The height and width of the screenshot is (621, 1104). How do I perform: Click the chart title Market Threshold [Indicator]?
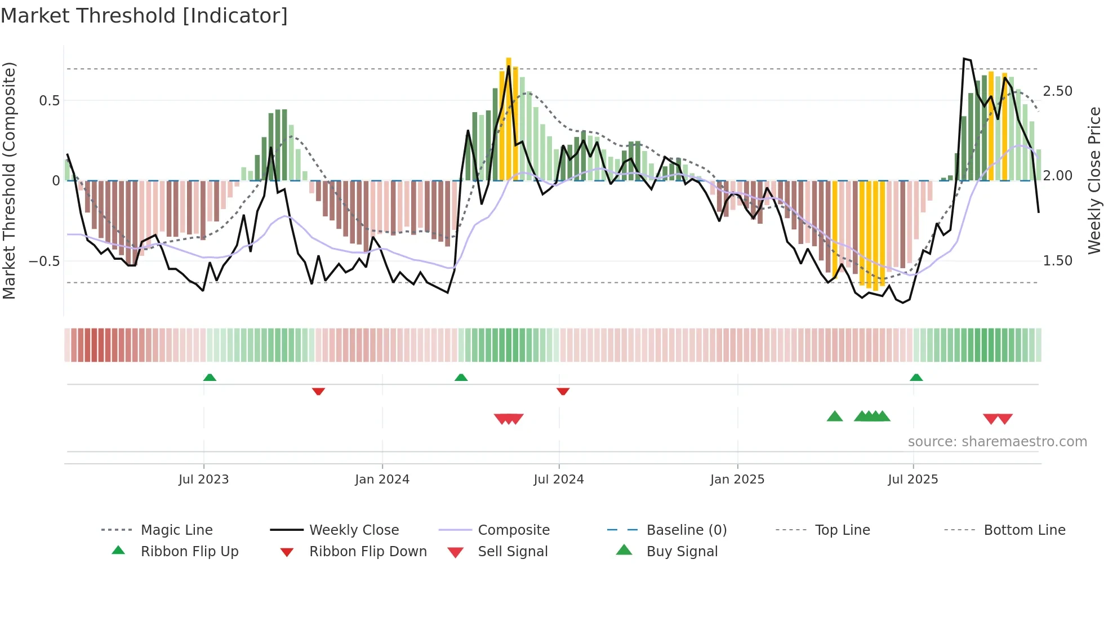point(144,16)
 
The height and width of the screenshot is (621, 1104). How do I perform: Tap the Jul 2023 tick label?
point(203,480)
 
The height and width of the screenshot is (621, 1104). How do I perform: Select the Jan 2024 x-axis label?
point(382,480)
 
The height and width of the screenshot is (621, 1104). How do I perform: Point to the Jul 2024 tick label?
point(558,480)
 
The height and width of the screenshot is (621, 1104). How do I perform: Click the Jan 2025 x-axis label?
point(737,480)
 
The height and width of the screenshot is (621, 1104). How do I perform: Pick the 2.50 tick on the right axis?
point(1057,91)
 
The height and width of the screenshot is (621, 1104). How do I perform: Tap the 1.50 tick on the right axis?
point(1057,261)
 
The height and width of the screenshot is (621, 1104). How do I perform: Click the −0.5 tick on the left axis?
point(44,261)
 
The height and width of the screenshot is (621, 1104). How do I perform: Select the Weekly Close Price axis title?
point(1094,180)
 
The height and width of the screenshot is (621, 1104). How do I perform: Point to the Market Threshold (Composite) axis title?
point(9,180)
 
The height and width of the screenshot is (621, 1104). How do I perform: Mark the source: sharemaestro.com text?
point(997,442)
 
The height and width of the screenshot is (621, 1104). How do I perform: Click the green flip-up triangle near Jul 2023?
point(210,377)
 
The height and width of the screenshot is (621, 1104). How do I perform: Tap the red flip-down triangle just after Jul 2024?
point(563,391)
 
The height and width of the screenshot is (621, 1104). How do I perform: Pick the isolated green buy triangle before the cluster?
point(834,416)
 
